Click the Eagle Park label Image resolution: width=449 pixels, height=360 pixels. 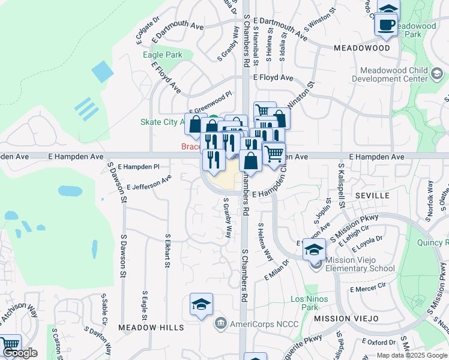pyautogui.click(x=163, y=55)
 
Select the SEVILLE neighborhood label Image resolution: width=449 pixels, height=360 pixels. pyautogui.click(x=372, y=196)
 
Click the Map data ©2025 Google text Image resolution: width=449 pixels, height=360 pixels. pyautogui.click(x=412, y=355)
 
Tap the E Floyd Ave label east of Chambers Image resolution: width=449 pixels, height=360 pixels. pyautogui.click(x=273, y=78)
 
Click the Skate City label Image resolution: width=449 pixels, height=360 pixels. pyautogui.click(x=163, y=122)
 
